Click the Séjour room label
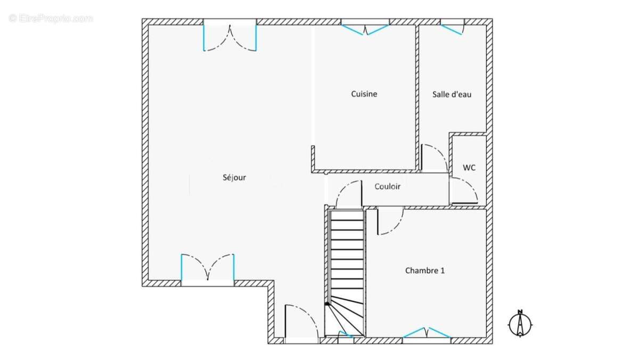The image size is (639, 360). [234, 178]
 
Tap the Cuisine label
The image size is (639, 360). [364, 94]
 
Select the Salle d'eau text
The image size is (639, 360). [452, 94]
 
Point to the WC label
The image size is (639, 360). [469, 167]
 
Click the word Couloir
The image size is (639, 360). [387, 186]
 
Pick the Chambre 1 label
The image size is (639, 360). [425, 271]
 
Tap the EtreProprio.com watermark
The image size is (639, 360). [51, 19]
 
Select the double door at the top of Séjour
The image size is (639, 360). [230, 35]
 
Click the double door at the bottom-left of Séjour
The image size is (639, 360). [208, 269]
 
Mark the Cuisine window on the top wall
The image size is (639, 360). [365, 27]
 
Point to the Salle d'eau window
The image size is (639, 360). [452, 27]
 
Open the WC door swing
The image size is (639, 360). [464, 190]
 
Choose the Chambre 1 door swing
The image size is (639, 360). [390, 222]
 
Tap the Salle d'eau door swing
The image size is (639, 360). [435, 158]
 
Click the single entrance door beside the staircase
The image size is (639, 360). [301, 324]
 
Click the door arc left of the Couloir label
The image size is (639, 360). [349, 194]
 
